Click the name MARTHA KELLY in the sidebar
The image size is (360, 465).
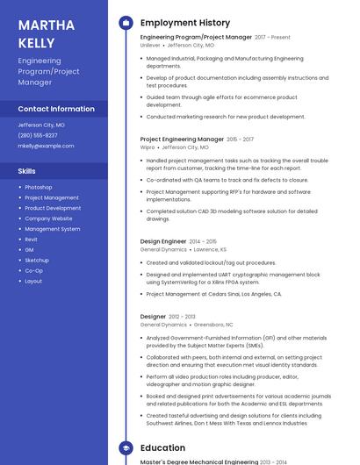(40, 32)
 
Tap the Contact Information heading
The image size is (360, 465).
(56, 109)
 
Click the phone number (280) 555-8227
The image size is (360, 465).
(38, 135)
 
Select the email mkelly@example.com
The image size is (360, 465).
(46, 146)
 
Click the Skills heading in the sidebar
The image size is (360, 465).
(27, 171)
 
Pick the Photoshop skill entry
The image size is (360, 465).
(39, 187)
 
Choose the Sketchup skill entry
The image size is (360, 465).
(37, 261)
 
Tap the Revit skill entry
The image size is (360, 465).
(31, 240)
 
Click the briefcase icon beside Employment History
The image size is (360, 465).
(126, 22)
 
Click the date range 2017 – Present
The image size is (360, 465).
(273, 38)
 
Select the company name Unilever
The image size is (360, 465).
(150, 45)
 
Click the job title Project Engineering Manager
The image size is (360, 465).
(182, 139)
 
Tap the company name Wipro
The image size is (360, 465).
(148, 147)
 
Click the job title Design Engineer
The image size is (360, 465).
(163, 241)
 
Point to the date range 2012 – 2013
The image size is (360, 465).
(183, 317)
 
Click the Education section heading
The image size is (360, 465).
(163, 448)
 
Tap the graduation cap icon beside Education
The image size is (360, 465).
(126, 448)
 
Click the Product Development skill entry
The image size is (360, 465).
(53, 208)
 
